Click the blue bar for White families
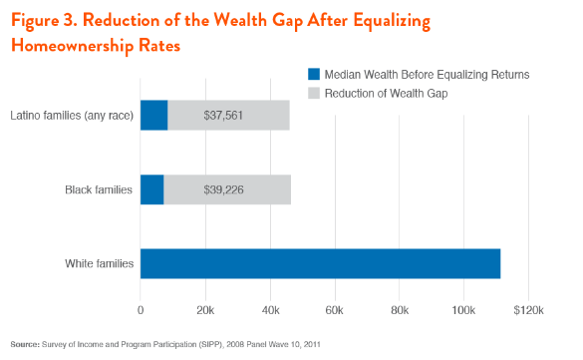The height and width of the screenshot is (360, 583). pos(320,263)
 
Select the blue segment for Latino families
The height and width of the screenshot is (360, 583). pos(153,115)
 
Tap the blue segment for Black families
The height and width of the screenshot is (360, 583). pos(151,189)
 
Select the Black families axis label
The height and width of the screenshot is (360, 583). pos(98,189)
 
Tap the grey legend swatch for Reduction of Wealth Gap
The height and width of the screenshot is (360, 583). pos(312,93)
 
